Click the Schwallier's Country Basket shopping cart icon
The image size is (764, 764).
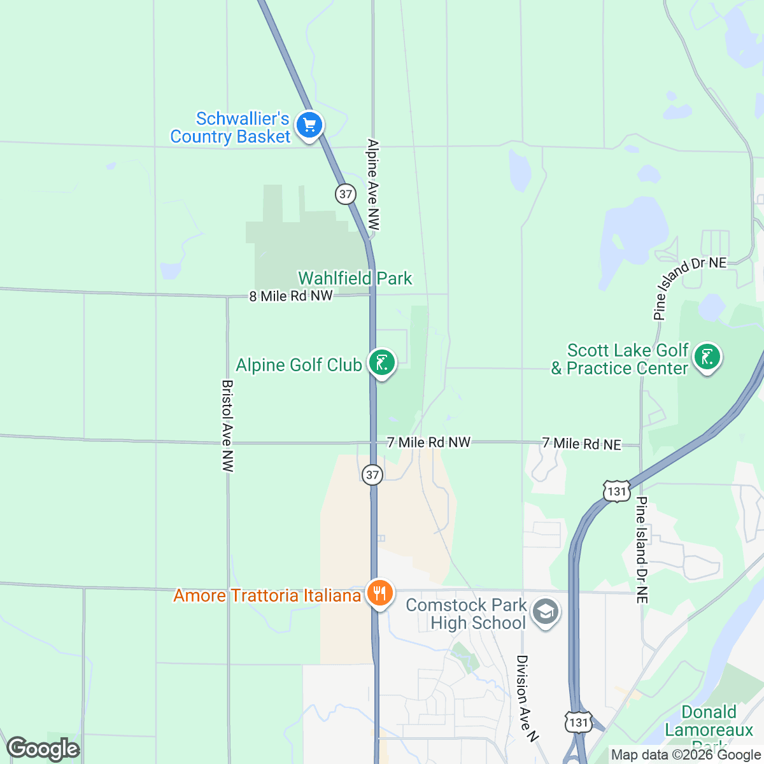click(x=309, y=125)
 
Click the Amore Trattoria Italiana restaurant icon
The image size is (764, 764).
click(x=379, y=593)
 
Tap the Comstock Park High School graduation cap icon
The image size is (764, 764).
click(x=545, y=612)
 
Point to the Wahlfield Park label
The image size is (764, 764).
click(x=355, y=278)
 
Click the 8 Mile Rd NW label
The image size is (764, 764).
click(x=291, y=296)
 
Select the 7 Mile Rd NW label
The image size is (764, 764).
click(x=428, y=442)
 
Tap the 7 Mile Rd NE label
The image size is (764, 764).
click(x=581, y=444)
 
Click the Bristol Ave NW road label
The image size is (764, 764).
click(x=227, y=426)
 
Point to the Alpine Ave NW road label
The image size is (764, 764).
click(x=374, y=185)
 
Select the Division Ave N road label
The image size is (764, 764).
click(x=527, y=698)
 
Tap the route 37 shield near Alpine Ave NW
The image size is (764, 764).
click(x=346, y=194)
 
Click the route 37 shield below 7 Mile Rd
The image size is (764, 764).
click(x=372, y=474)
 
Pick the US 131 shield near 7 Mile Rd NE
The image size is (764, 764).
click(x=616, y=491)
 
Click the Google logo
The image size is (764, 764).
click(x=43, y=749)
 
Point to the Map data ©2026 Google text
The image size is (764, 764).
click(x=686, y=755)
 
